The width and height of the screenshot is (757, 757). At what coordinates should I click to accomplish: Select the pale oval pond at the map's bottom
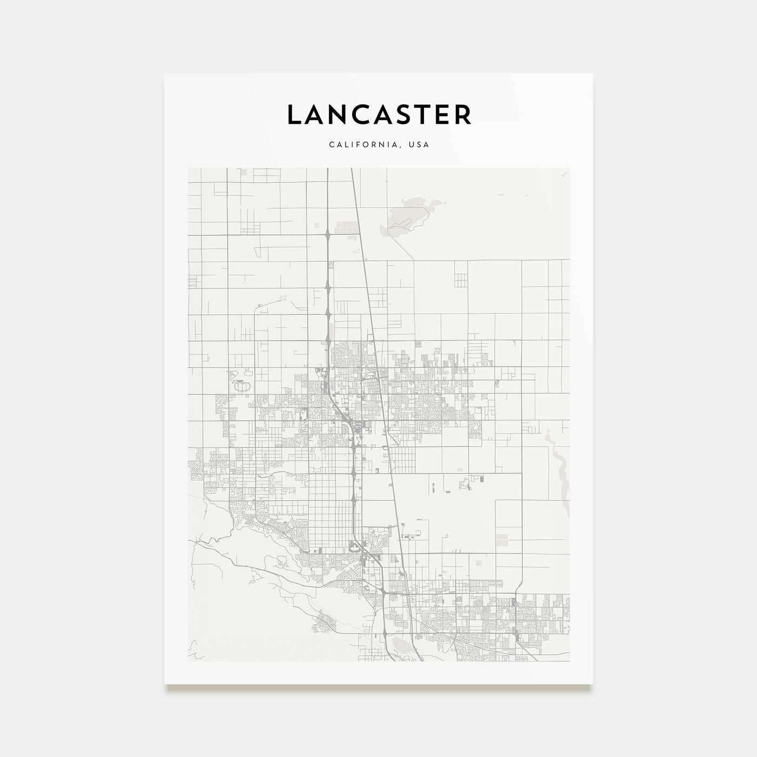pos(401,643)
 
